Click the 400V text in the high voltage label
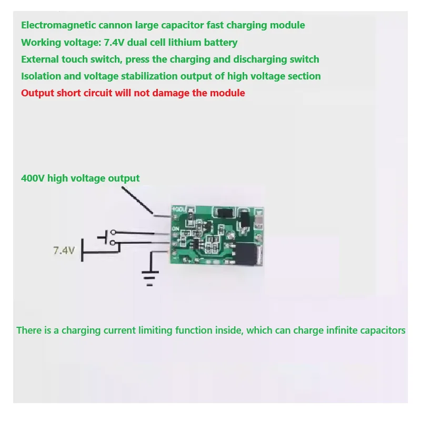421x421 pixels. (33, 178)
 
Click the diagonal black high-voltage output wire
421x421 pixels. (138, 201)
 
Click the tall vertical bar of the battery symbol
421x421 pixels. (82, 252)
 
